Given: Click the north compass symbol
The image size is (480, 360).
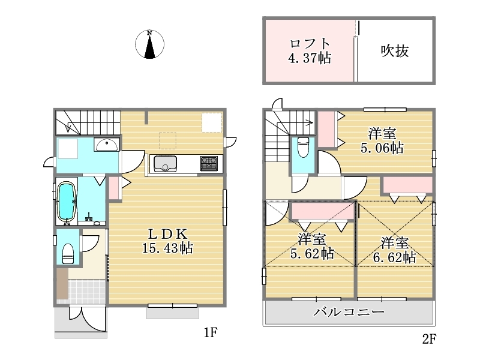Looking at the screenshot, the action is (x=149, y=44).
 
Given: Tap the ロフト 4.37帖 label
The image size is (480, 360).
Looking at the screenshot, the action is (x=310, y=51).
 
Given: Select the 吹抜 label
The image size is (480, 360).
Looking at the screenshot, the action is (x=395, y=51).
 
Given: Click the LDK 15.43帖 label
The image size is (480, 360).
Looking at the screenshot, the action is (x=167, y=241).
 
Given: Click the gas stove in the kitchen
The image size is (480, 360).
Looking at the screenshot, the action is (x=209, y=163).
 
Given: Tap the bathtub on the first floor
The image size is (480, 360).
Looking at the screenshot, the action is (x=66, y=202).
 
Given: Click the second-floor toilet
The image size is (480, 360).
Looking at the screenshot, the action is (x=303, y=147).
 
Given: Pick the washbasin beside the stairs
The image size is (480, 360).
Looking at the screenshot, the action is (x=107, y=145).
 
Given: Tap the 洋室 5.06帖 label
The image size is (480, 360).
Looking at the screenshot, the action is (x=382, y=141).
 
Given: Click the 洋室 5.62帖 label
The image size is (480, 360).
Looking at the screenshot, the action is (x=312, y=247).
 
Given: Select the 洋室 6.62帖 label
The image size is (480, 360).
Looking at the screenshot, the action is (x=394, y=250).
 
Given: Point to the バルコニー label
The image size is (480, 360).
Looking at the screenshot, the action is (x=349, y=312).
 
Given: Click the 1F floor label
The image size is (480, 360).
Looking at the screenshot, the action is (x=211, y=332).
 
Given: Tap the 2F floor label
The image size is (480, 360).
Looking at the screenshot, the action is (x=429, y=339).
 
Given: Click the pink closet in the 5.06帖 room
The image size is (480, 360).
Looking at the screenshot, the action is (x=326, y=129).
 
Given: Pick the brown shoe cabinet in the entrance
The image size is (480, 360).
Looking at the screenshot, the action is (x=62, y=284).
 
